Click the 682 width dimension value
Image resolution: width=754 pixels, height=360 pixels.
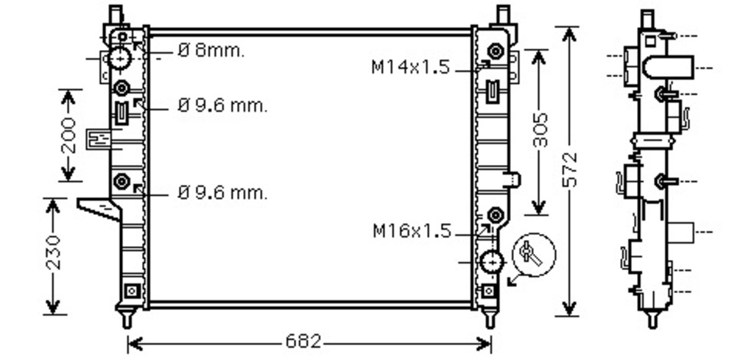point(303,342)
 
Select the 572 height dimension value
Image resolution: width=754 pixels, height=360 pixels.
point(570,169)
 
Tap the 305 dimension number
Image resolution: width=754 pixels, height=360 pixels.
point(540,130)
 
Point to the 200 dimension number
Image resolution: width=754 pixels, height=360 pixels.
point(69,135)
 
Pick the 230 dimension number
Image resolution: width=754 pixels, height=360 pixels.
point(54,253)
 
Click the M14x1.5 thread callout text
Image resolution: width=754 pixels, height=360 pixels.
point(411,67)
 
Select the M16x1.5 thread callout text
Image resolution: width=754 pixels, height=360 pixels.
point(412,231)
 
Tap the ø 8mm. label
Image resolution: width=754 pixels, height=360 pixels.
point(211,50)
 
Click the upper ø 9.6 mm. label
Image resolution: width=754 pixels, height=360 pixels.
point(222,105)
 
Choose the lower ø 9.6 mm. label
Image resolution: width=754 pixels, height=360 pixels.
point(222,193)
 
